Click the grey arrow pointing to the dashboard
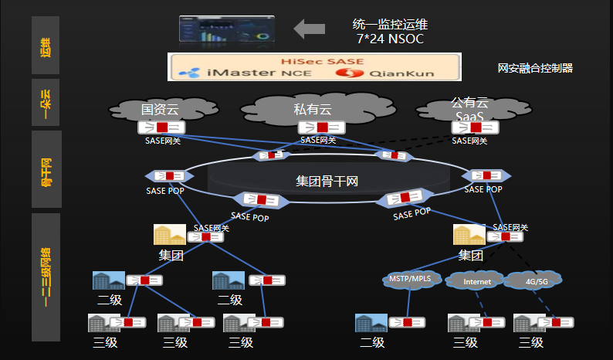[310, 29]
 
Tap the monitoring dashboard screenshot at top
[226, 29]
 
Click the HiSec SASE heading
[313, 60]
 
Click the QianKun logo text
[386, 73]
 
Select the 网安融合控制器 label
[535, 68]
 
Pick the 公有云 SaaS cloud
[470, 110]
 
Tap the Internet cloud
[476, 282]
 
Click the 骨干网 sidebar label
[46, 172]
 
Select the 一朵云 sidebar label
[46, 103]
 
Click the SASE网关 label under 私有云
[317, 140]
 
